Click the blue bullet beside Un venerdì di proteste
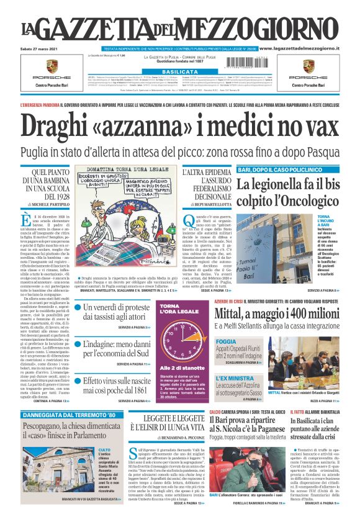tap(78, 307)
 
